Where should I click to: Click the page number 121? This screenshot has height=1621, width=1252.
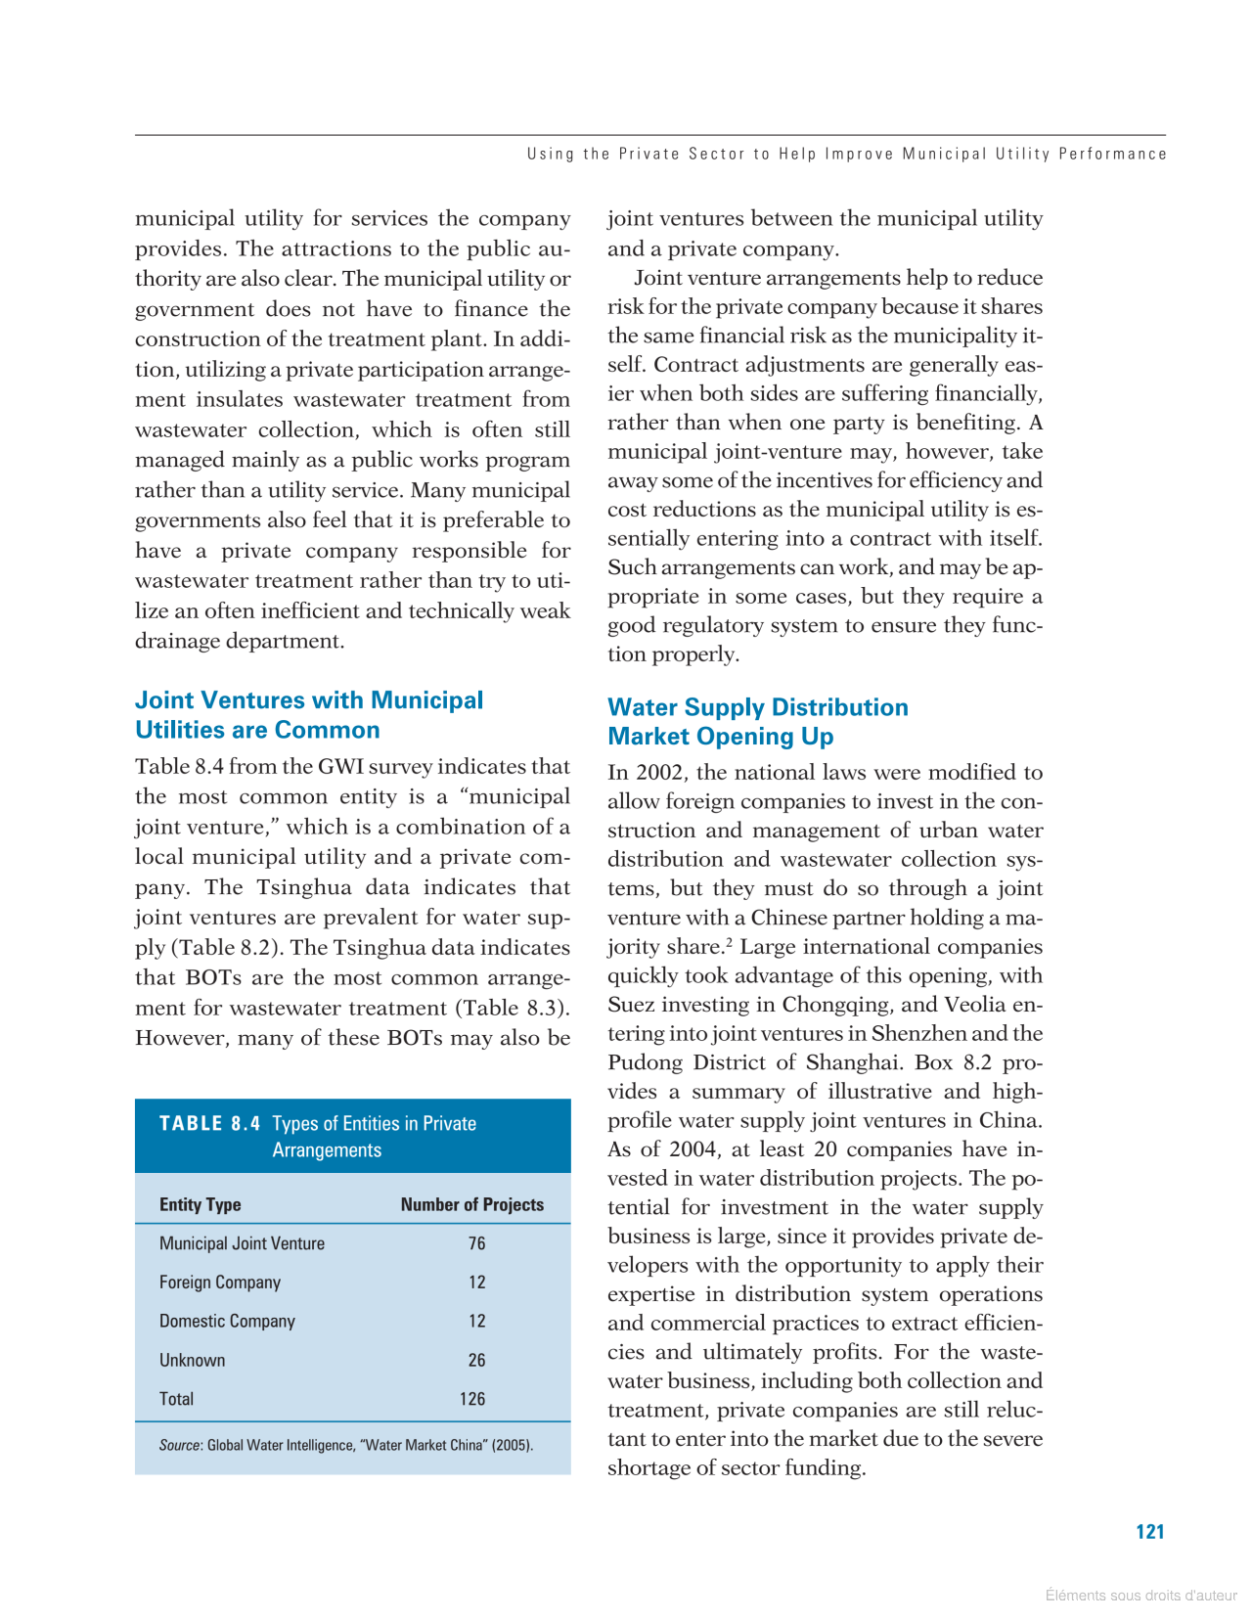coord(1149,1532)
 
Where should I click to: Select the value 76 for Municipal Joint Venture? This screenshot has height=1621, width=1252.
coord(476,1243)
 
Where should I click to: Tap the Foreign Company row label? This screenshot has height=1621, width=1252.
coord(220,1283)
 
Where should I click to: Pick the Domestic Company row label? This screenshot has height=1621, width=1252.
coord(227,1321)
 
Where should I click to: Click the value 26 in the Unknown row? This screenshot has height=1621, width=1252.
coord(476,1360)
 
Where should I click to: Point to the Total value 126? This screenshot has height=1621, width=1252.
coord(472,1399)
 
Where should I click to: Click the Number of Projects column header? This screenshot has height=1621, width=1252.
coord(471,1204)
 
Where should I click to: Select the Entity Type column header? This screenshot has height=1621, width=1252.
coord(200,1204)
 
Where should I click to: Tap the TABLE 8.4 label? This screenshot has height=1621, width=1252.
coord(209,1123)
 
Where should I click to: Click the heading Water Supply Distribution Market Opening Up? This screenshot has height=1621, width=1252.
coord(757,722)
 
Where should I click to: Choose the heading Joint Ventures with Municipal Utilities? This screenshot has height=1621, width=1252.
coord(308,715)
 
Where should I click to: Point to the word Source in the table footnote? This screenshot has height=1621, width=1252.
coord(180,1445)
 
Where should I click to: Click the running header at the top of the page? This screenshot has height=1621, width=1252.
coord(846,154)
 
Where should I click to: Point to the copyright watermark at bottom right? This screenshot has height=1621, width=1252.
coord(1140,1596)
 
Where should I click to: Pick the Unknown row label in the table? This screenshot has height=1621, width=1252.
coord(192,1360)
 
